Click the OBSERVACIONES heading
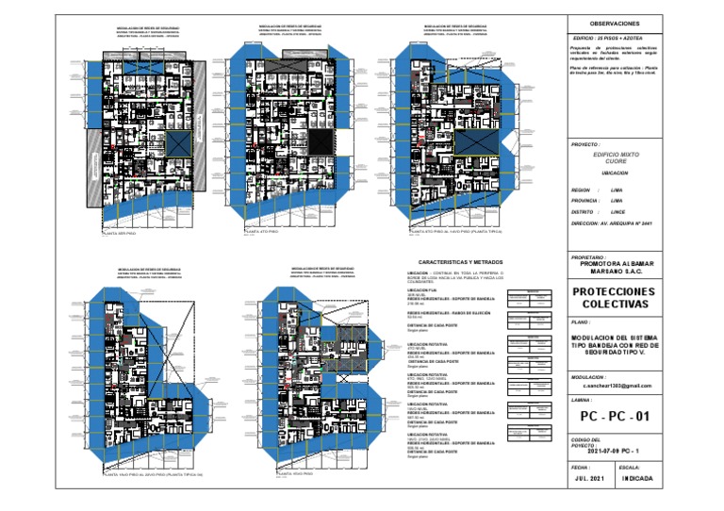614,23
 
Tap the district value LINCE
618,212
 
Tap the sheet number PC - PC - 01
615,415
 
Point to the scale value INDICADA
636,478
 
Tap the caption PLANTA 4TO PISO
265,231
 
